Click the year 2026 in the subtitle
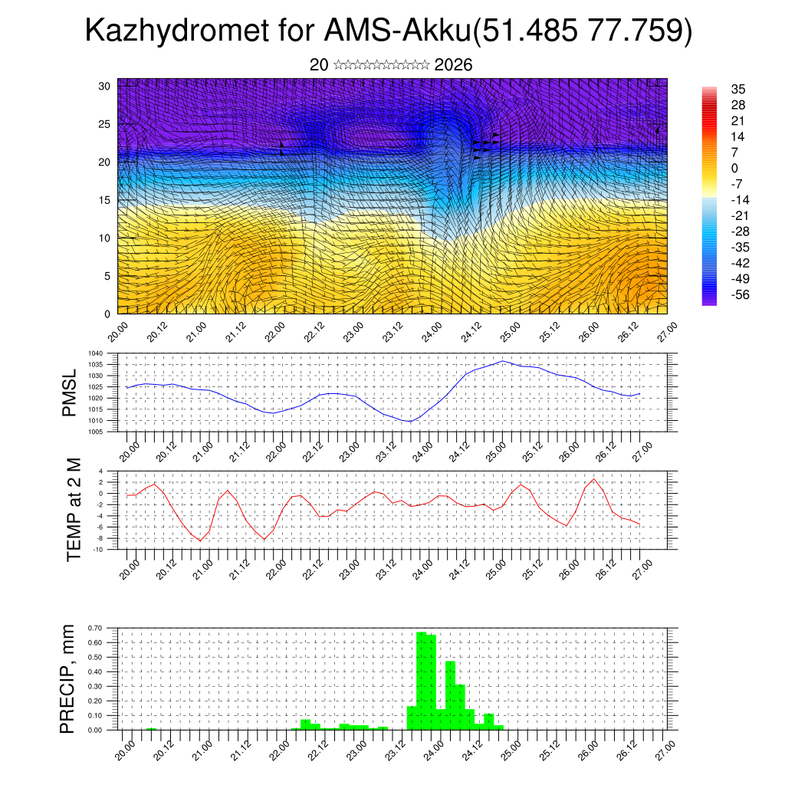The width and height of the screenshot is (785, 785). pos(453,65)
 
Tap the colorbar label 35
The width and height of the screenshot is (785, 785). pos(738,90)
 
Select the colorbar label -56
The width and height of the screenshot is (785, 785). pos(741,294)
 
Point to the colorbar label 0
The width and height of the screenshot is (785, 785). pos(735,168)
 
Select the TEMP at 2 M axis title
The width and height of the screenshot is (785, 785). pos(74,509)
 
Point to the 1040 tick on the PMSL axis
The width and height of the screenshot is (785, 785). pos(96,353)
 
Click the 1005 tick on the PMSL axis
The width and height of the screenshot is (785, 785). pos(96,432)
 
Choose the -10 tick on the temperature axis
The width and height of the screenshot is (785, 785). pos(98,549)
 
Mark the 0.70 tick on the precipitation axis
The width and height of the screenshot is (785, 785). pos(95,628)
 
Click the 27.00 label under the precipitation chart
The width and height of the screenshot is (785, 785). pos(666,751)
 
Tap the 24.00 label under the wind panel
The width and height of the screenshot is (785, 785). pos(431,334)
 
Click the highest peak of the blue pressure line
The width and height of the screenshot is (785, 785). pos(502,361)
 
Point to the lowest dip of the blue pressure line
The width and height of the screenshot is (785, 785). pos(410,422)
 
